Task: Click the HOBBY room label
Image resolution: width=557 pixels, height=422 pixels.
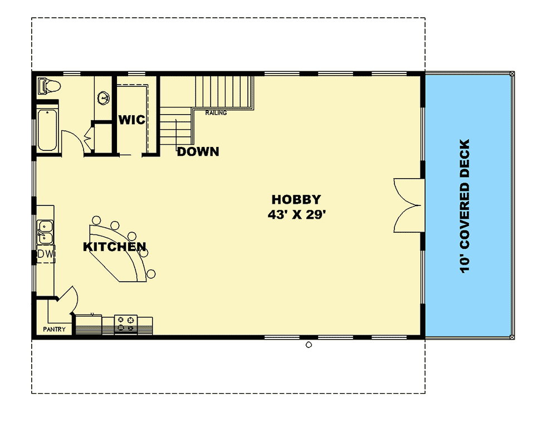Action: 296,199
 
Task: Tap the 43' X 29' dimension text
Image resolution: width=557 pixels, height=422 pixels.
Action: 296,214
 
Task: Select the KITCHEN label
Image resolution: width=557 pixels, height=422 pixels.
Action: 115,247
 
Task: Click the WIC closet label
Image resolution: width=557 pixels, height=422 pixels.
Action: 131,120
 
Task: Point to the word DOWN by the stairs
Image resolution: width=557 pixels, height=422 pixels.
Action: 198,151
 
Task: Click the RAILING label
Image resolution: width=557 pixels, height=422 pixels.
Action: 216,113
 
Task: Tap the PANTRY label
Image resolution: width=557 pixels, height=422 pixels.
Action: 55,330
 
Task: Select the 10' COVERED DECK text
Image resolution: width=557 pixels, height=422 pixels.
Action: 466,206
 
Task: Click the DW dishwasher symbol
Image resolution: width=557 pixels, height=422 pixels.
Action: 46,254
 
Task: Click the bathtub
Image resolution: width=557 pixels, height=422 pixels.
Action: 47,130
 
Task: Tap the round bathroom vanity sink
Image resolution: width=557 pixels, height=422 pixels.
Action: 103,99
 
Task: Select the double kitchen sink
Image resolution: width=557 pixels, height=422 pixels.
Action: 45,232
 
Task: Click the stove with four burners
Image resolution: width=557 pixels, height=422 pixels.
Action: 126,323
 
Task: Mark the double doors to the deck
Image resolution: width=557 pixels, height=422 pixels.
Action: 409,205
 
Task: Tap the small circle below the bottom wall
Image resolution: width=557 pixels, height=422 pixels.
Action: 309,345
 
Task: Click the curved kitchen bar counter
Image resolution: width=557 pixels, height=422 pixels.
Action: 120,253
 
